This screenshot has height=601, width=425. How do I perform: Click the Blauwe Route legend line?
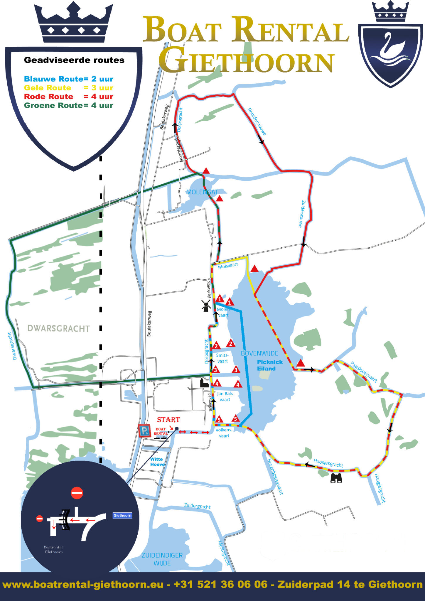click(x=68, y=79)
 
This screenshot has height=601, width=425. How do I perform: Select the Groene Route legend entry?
click(x=68, y=105)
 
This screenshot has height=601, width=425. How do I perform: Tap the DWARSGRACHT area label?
click(x=58, y=328)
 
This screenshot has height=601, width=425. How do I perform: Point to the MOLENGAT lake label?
click(x=202, y=192)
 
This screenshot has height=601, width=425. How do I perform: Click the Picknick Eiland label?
click(x=270, y=365)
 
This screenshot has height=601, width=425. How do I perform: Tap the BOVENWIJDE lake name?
click(x=259, y=353)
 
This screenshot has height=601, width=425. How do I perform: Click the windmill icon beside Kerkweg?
click(x=206, y=305)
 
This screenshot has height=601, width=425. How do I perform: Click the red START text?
click(x=168, y=420)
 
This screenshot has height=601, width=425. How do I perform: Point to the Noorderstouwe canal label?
click(x=257, y=121)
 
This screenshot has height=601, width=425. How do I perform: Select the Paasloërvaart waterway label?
click(x=364, y=372)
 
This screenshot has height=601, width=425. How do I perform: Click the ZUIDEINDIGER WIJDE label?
click(x=162, y=559)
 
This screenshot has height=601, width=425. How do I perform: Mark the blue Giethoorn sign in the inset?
click(x=122, y=515)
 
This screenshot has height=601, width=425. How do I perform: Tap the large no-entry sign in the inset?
click(x=77, y=493)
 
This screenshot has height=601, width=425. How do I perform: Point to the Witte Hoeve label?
click(x=157, y=462)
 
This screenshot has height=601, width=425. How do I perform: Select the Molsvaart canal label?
click(x=228, y=265)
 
